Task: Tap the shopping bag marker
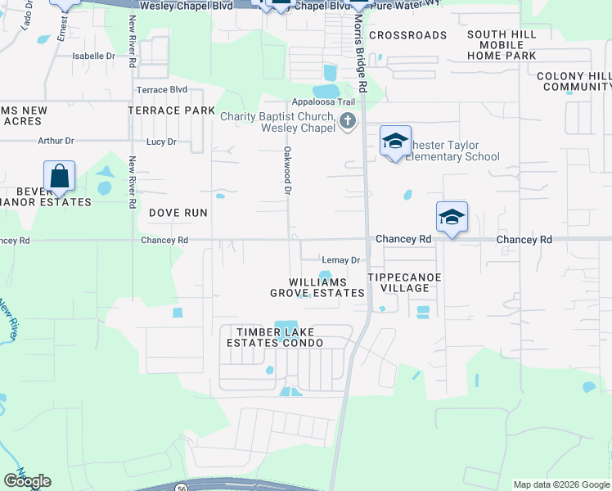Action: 59,175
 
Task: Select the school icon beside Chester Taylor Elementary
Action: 395,141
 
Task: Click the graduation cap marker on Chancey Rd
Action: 452,217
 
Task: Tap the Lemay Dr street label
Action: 341,260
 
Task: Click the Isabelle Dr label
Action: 94,56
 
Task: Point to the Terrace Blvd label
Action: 162,89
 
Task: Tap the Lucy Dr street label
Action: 161,142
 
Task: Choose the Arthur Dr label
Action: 56,141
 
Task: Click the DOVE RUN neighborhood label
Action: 178,212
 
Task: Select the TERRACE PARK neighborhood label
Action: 171,110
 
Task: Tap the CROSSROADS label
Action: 407,35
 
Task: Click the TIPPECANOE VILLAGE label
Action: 404,282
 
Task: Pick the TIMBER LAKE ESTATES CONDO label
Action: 281,337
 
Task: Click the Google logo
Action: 27,480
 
